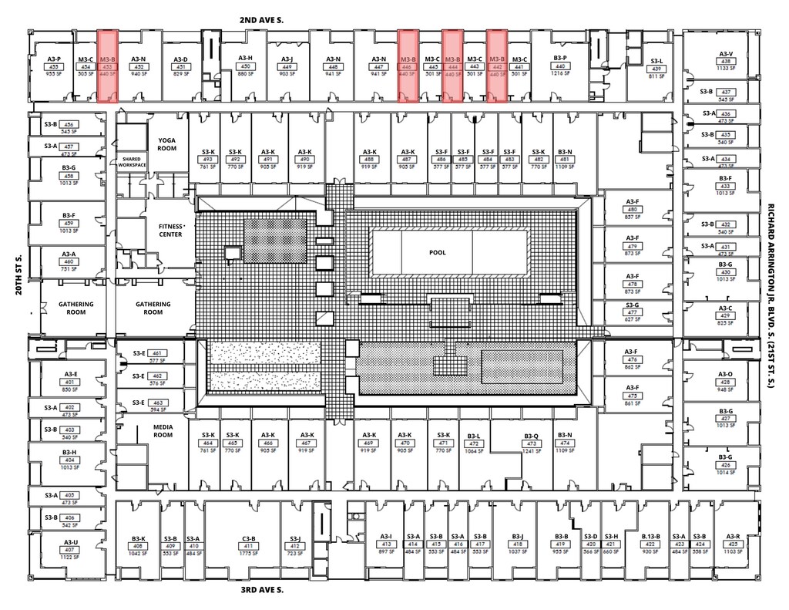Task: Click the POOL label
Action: pos(438,252)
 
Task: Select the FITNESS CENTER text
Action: pos(170,230)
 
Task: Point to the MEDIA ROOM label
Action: pos(163,431)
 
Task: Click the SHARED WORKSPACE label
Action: pos(132,162)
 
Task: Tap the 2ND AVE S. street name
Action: pos(262,20)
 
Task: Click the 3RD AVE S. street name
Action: pos(261,590)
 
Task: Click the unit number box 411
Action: pos(248,545)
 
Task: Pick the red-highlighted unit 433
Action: pos(107,66)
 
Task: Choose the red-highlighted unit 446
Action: pos(408,66)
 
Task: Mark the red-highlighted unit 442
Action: pos(497,66)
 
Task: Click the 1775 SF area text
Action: pos(248,553)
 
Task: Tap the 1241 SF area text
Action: pos(531,452)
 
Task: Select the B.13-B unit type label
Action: pos(651,537)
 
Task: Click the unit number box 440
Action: pos(560,67)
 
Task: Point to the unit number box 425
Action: pos(732,545)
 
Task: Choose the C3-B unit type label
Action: pos(248,538)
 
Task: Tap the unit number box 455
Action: pos(54,67)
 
